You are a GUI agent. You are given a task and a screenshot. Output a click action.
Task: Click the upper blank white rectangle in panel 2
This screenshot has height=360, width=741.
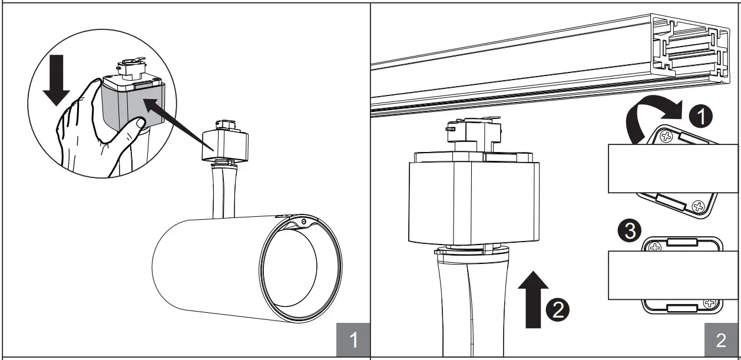[672, 168]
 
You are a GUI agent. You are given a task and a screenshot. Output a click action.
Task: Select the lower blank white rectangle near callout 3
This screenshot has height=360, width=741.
[672, 276]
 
